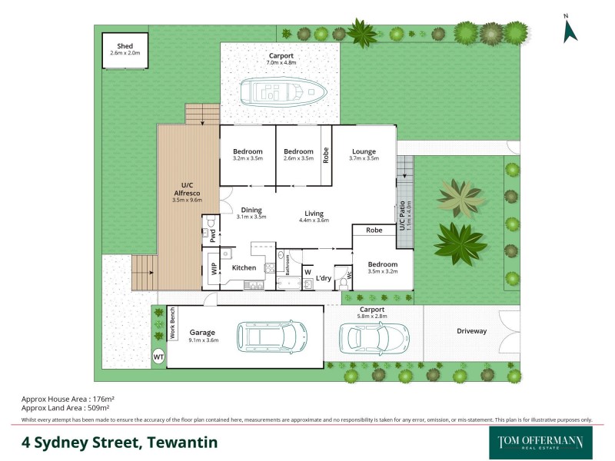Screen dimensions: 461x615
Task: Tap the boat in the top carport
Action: (x=284, y=91)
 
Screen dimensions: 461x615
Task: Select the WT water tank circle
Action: (x=159, y=357)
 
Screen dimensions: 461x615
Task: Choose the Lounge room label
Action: (x=364, y=151)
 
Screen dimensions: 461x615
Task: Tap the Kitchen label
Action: (x=244, y=267)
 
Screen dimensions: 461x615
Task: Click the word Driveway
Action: (x=471, y=331)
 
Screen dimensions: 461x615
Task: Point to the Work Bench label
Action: (x=173, y=325)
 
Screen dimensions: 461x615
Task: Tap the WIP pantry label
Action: (x=213, y=268)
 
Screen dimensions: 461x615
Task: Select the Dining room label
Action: (x=251, y=210)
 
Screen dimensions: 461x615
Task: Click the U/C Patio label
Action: (x=401, y=215)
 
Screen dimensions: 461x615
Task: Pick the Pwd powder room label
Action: (x=212, y=236)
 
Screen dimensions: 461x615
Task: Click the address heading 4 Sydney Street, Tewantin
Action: (x=119, y=443)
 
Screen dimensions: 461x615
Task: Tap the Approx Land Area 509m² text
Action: (x=69, y=409)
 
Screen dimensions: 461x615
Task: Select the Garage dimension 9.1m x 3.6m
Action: (x=198, y=341)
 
